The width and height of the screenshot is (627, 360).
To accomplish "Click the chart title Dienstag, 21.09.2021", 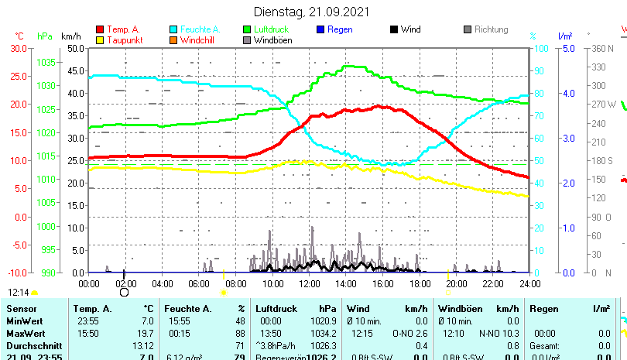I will (x=312, y=12).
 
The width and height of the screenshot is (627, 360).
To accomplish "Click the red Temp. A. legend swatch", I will (x=100, y=29).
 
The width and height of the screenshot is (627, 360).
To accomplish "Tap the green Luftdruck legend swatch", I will (x=247, y=29).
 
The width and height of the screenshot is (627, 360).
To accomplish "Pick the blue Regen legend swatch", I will (x=320, y=29).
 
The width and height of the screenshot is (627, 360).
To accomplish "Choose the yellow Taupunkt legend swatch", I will (x=100, y=39).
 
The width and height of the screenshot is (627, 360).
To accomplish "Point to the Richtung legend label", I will (x=492, y=29).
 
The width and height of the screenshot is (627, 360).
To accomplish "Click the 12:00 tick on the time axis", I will (x=309, y=283).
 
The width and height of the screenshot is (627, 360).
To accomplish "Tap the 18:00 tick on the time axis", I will (x=420, y=283).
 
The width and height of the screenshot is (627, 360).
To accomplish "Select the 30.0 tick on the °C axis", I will (x=19, y=48).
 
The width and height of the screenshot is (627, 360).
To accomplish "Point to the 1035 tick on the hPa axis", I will (x=46, y=62).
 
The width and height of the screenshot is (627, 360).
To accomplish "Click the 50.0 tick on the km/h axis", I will (x=76, y=48).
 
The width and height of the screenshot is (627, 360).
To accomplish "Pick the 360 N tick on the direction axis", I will (x=601, y=48).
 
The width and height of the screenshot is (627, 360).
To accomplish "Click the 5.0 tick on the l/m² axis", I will (x=567, y=48).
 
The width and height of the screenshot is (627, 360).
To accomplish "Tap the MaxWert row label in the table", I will (x=26, y=333).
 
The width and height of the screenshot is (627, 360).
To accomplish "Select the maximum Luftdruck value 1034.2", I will (x=319, y=333).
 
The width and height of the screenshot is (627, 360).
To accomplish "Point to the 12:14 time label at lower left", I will (x=19, y=293).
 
